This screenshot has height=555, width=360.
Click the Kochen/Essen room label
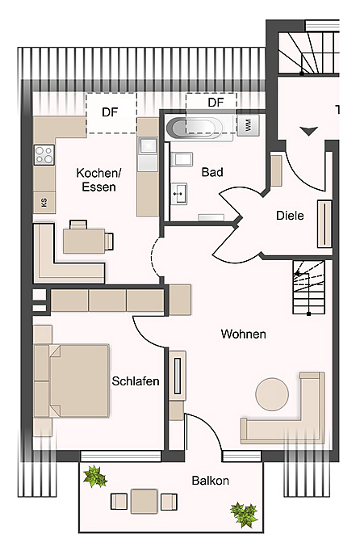pos(97,179)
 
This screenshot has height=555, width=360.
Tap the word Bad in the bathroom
pos(213,172)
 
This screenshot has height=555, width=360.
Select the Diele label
pos(290,216)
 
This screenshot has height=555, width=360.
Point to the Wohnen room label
pos(244,334)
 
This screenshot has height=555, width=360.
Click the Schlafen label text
pos(136,381)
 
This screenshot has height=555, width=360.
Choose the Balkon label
pos(210,481)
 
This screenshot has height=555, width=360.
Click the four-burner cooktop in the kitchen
pos(44,154)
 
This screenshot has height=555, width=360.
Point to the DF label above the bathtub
pos(215,103)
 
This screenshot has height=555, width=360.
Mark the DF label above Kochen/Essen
pos(110,113)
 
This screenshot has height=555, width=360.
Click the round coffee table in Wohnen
pos(271,394)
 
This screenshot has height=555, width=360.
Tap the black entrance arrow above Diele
pos(308,130)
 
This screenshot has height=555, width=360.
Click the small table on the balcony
pos(144,500)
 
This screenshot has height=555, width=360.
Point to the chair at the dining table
pos(108,239)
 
